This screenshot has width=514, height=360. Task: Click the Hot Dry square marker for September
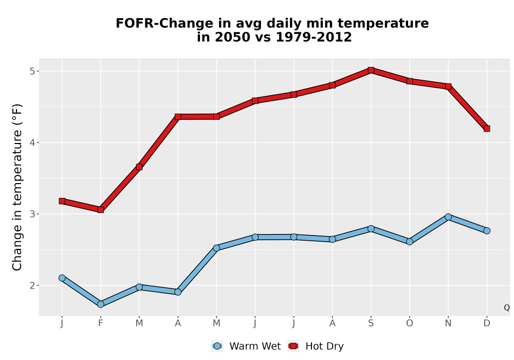[371, 70]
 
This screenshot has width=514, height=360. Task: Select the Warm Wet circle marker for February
[101, 304]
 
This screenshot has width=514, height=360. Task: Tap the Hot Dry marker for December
[487, 129]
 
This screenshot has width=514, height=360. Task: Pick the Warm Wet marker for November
[448, 217]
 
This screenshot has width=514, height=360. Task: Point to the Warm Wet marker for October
[410, 242]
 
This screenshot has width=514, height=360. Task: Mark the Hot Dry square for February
[101, 209]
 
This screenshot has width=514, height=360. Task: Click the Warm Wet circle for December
[487, 231]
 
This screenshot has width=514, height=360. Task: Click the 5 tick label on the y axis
[32, 71]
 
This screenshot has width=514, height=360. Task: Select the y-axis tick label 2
[32, 285]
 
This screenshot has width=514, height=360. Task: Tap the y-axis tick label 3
[32, 214]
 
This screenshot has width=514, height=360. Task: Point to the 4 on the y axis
[32, 142]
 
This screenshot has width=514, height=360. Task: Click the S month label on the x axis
[371, 323]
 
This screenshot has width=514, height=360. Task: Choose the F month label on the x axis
[101, 323]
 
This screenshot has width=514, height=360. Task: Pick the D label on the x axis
[487, 323]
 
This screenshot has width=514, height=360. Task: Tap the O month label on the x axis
[410, 323]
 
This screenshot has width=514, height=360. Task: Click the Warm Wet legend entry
[246, 346]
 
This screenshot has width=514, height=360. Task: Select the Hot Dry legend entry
[316, 346]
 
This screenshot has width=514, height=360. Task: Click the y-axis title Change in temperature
[17, 187]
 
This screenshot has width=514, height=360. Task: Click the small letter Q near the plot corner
[507, 308]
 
